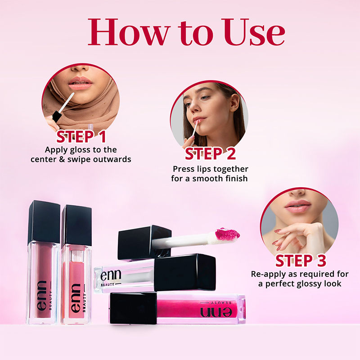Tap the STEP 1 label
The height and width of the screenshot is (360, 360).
(81, 137)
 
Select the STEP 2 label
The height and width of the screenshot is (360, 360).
(210, 153)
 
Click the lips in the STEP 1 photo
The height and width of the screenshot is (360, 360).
(80, 83)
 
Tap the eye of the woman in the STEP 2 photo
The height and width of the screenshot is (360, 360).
(205, 98)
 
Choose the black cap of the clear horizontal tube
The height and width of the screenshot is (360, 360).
(184, 273)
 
